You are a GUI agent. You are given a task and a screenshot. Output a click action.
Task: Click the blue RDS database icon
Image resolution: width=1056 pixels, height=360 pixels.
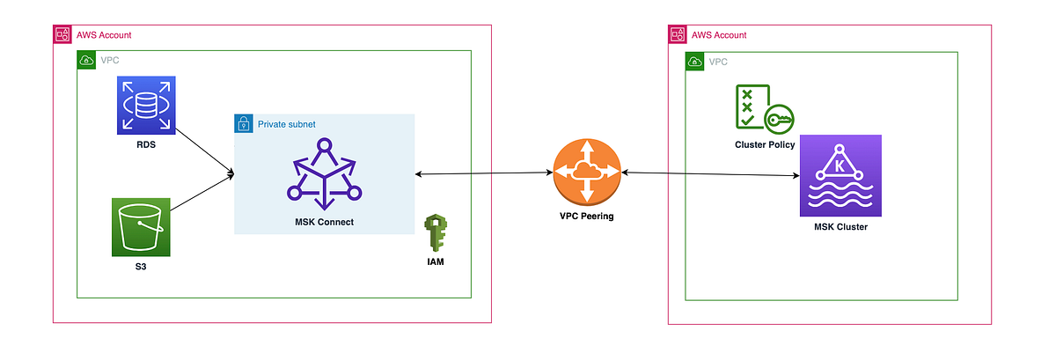tap(146, 106)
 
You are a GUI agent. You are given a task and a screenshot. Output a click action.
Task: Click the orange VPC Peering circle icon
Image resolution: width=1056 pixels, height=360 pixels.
tap(587, 173)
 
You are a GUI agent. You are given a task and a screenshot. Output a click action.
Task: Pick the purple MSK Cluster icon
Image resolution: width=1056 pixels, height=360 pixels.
tap(840, 176)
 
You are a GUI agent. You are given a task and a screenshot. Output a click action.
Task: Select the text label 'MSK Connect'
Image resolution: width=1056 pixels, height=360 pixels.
tap(324, 222)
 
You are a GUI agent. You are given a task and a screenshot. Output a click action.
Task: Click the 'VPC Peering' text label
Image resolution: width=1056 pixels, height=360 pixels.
tap(587, 217)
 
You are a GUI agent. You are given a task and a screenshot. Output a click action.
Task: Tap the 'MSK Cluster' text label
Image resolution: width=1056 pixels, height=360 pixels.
tap(840, 228)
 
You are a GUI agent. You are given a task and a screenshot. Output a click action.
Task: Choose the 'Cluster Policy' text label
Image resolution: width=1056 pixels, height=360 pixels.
tap(765, 145)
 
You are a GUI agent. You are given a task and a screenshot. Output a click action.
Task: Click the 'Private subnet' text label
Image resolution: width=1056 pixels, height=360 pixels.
tap(286, 124)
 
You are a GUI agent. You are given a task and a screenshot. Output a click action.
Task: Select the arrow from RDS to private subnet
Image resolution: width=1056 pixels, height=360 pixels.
tap(205, 151)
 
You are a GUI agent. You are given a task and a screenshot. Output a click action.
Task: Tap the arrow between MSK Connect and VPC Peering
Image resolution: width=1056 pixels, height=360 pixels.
tap(484, 174)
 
